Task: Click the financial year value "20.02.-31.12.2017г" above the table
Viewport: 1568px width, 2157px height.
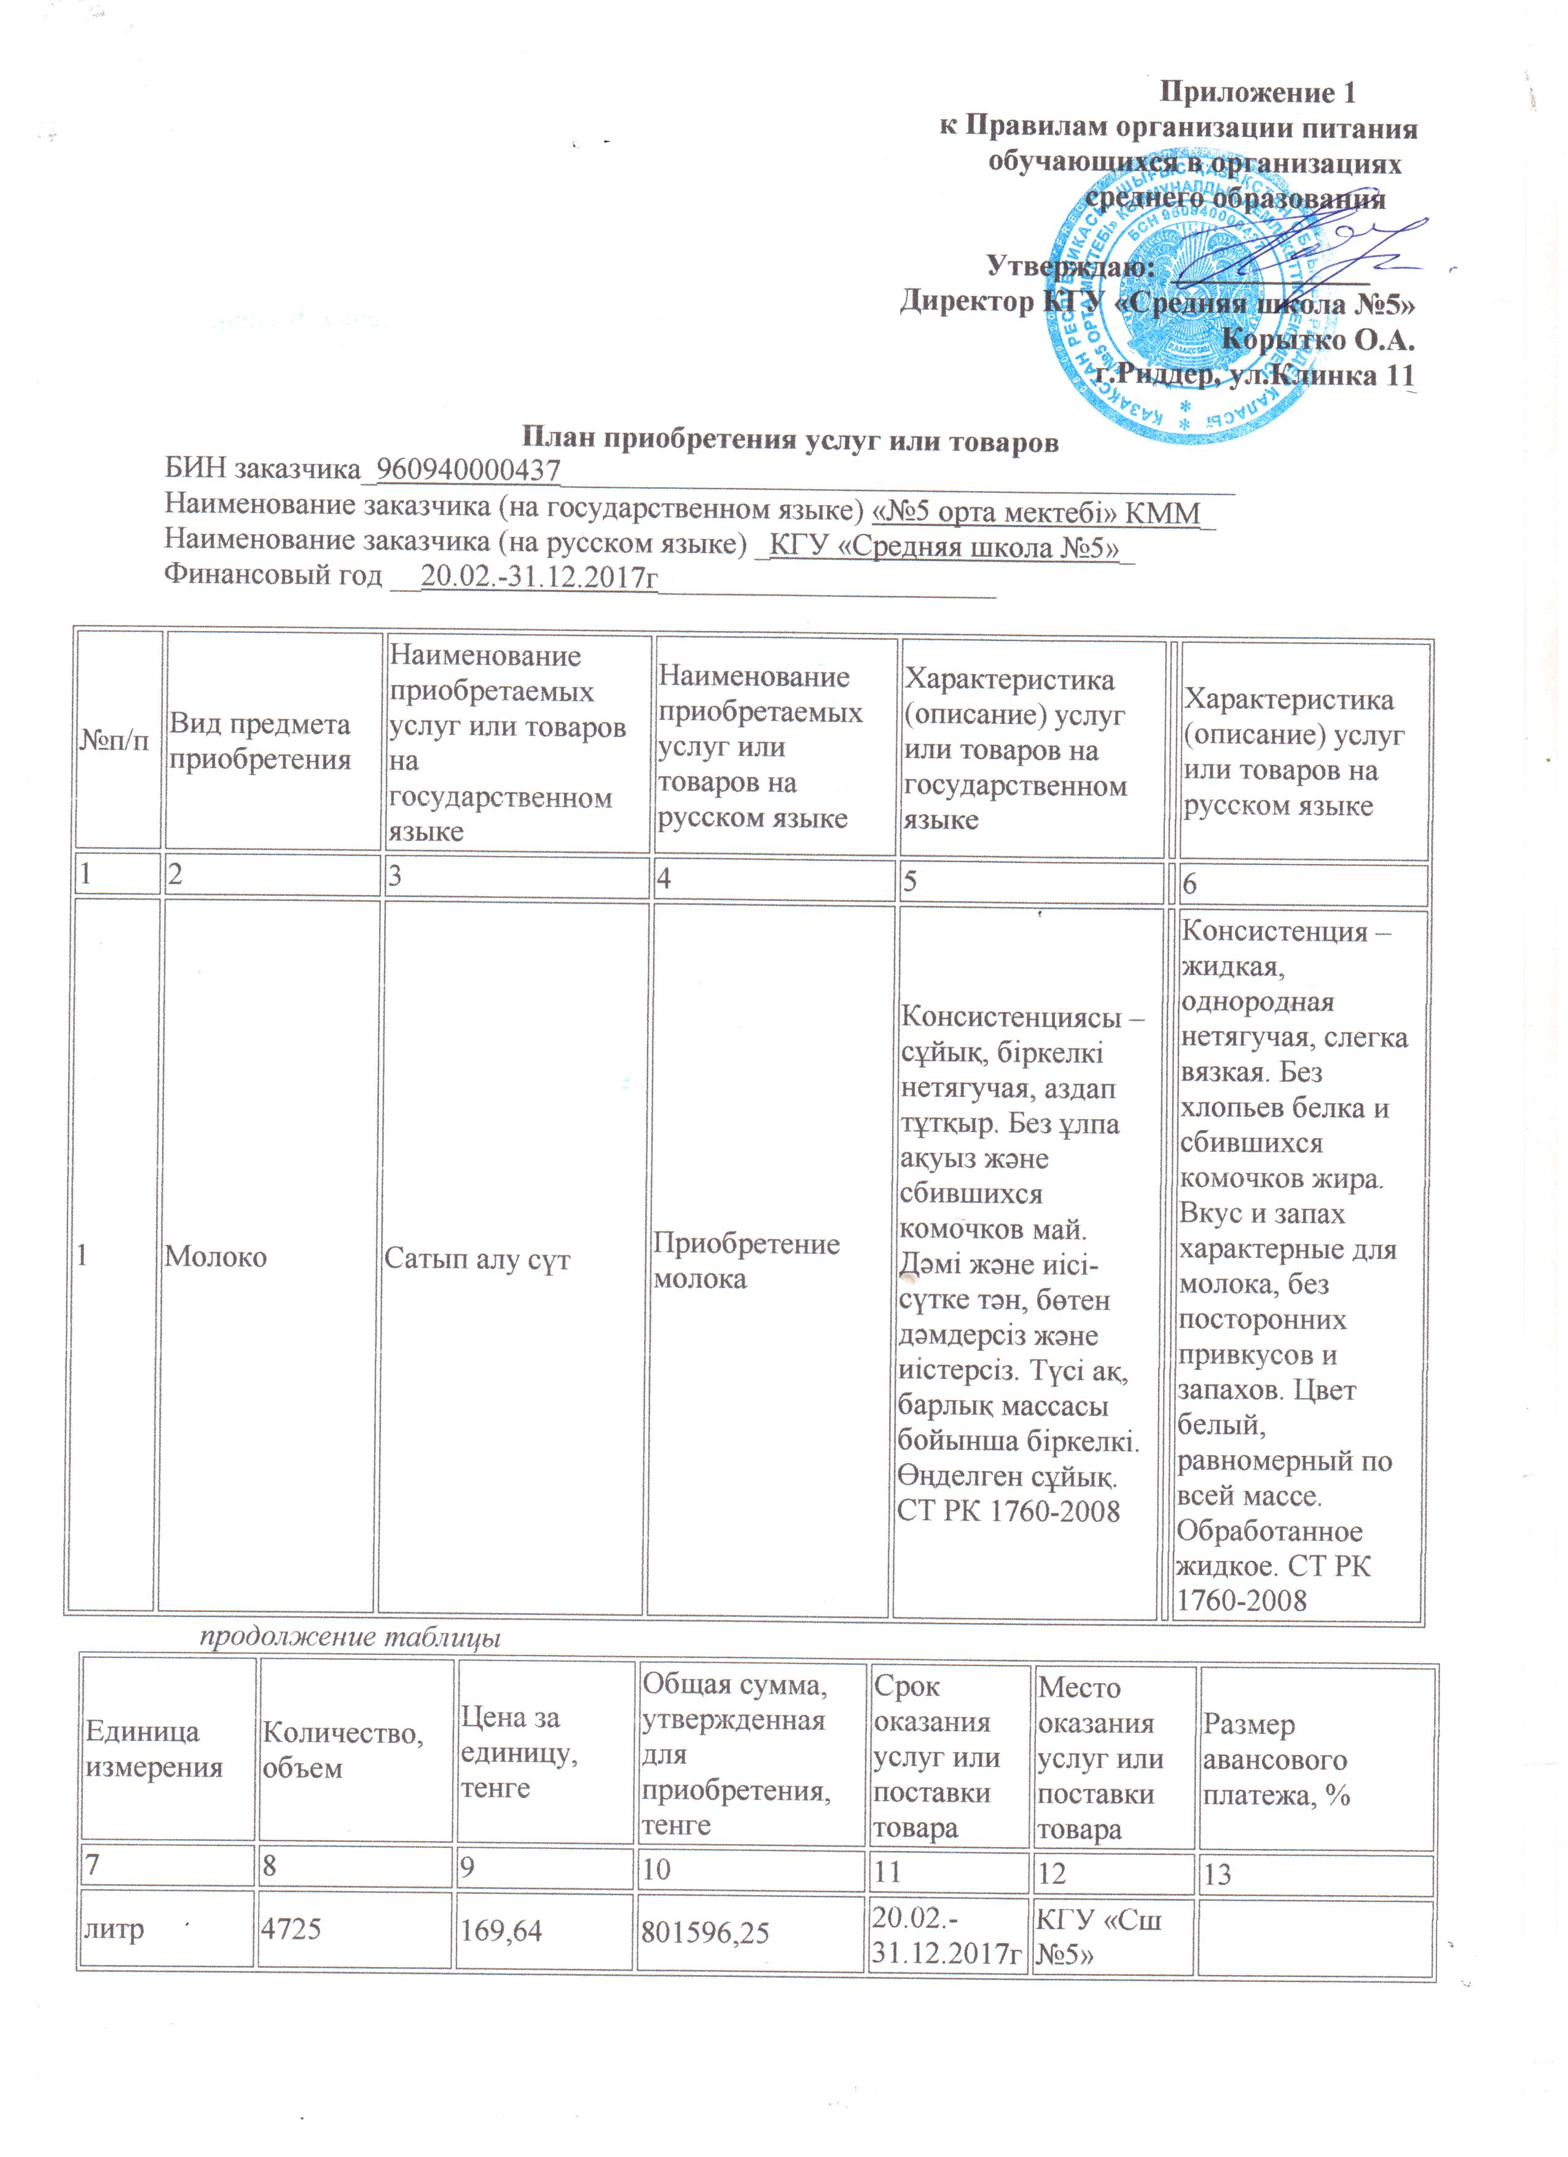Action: click(x=539, y=576)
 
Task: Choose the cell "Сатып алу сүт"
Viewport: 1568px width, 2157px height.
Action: click(x=477, y=1259)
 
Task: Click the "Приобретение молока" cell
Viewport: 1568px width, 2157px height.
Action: click(x=747, y=1261)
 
